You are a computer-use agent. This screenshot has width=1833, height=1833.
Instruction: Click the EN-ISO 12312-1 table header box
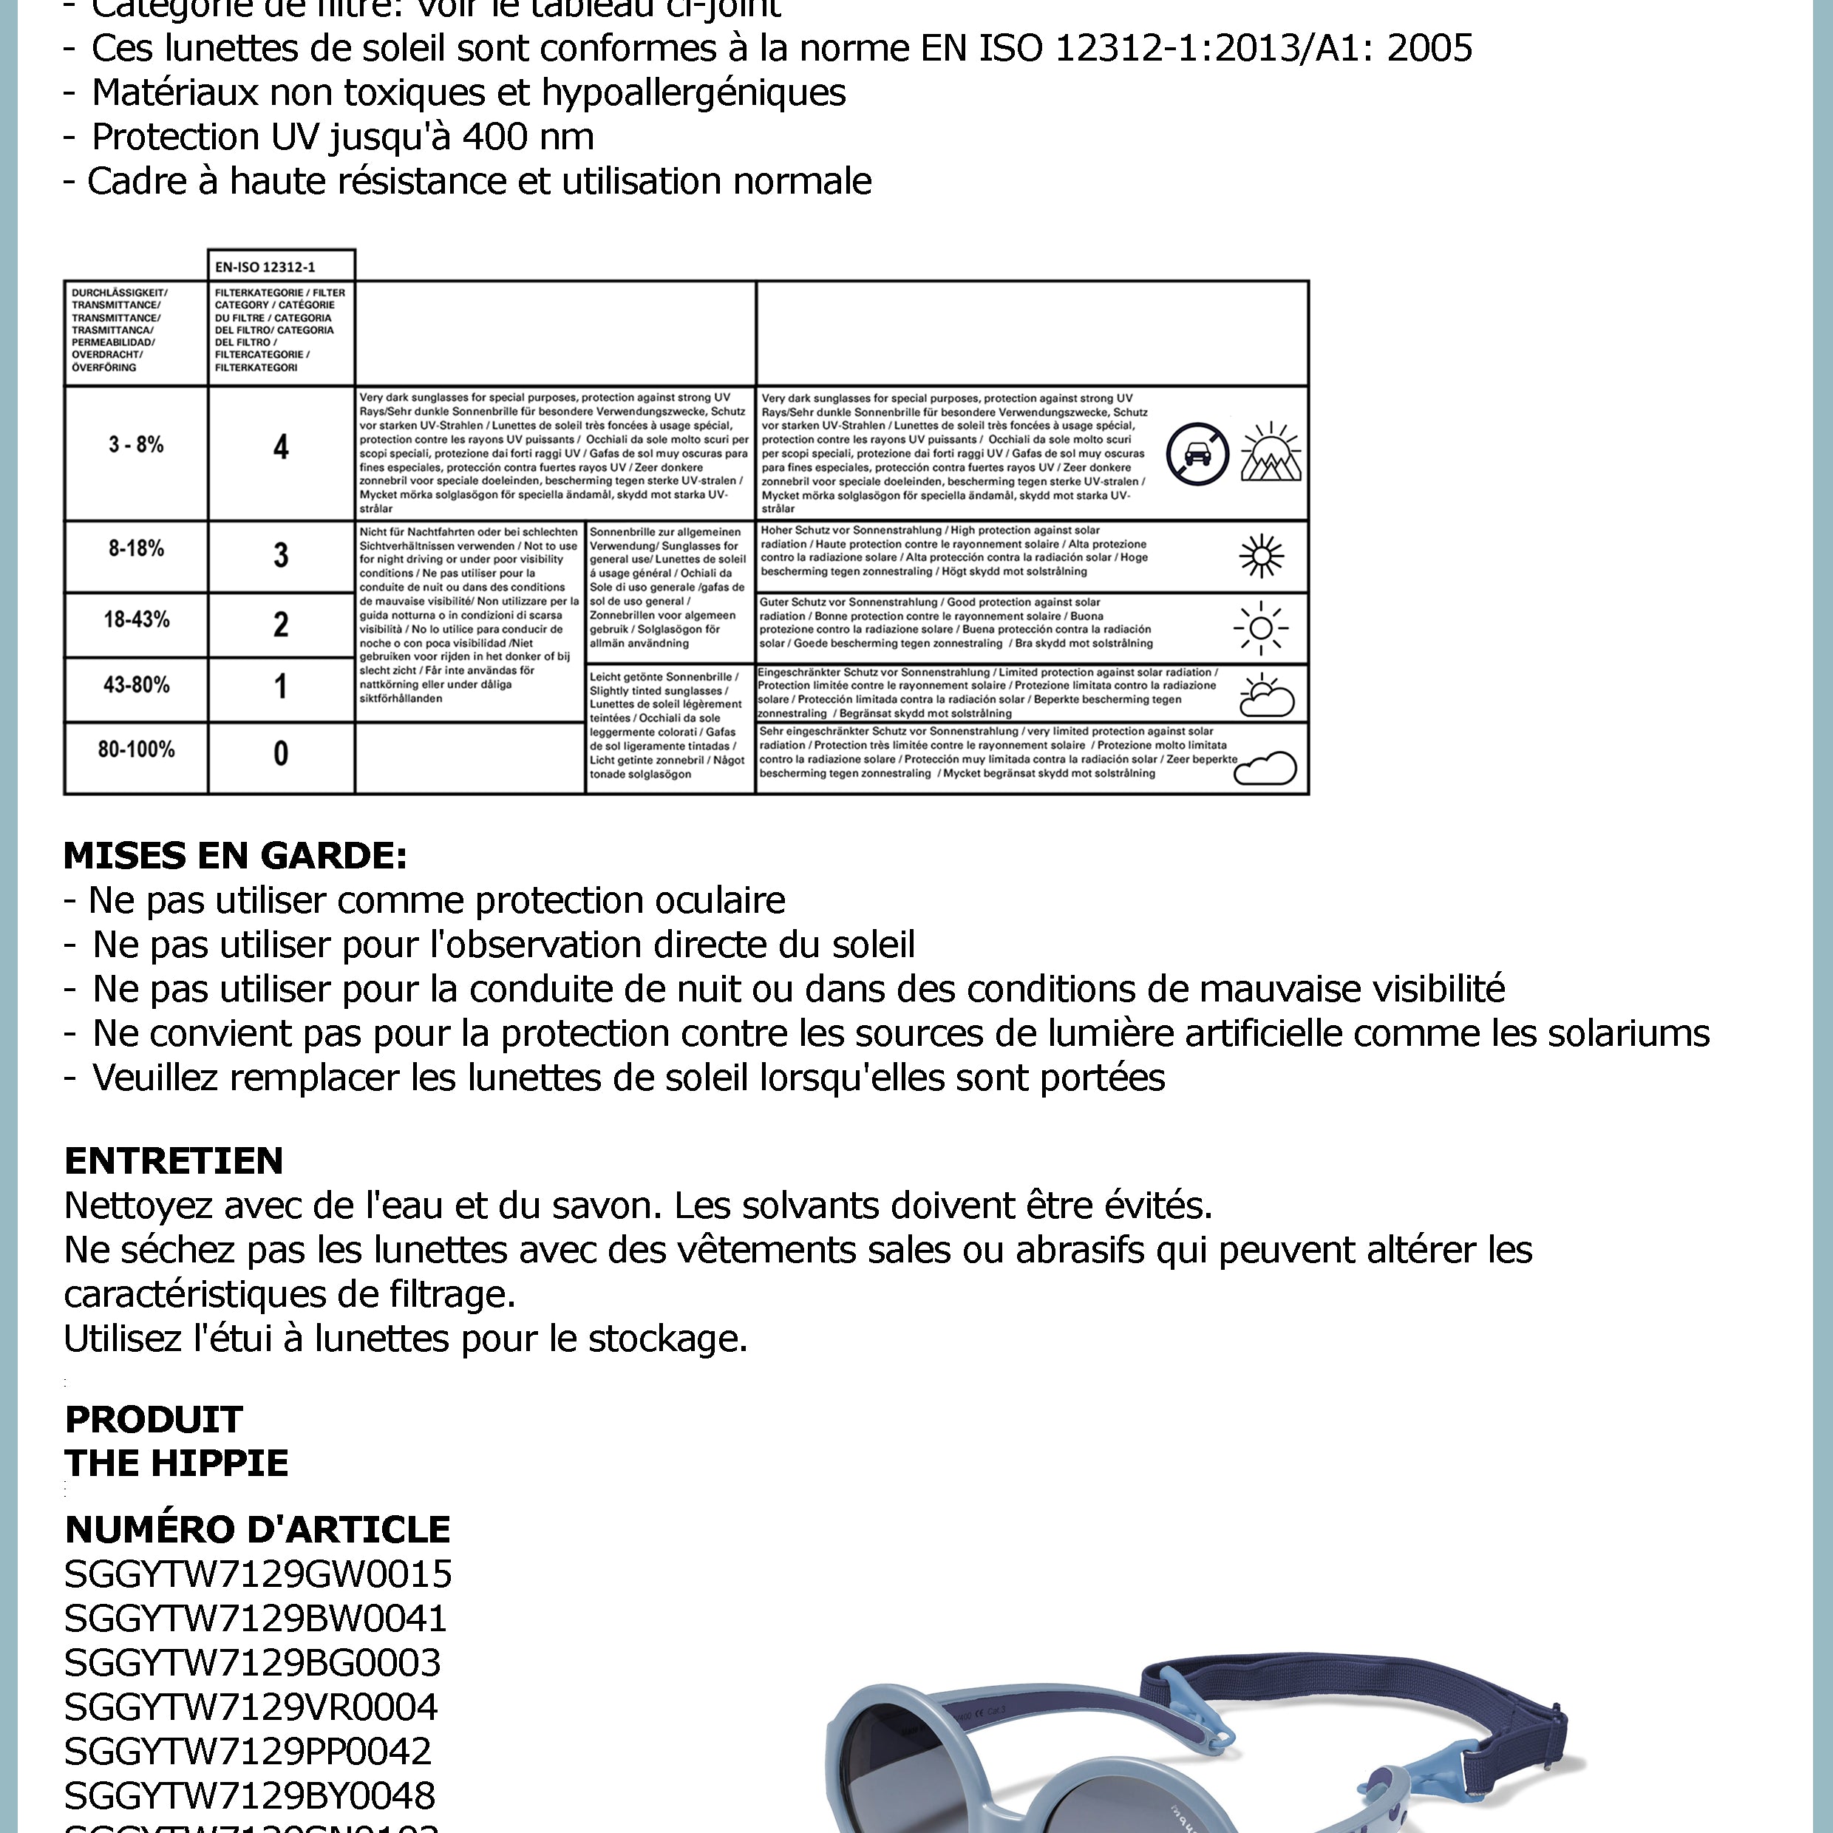click(281, 267)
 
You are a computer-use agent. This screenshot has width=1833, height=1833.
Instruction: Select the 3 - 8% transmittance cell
click(136, 444)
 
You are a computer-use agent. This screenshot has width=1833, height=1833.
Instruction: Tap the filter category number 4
click(281, 447)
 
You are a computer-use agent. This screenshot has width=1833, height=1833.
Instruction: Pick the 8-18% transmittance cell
click(136, 548)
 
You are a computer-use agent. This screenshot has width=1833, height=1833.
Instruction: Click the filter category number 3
click(281, 555)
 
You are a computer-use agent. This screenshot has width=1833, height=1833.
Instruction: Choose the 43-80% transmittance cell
click(137, 685)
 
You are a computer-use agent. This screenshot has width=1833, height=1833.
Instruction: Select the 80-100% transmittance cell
click(137, 749)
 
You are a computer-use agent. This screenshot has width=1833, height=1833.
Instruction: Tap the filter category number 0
click(281, 754)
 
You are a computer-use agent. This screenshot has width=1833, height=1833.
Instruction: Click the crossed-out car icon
click(1197, 454)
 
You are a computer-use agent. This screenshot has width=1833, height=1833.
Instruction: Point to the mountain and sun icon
click(1271, 452)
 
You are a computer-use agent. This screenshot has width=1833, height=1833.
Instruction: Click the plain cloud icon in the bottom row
click(1265, 769)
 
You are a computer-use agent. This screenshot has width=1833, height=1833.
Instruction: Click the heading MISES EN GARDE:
click(235, 856)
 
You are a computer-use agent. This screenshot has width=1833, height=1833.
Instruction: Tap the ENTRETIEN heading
click(174, 1160)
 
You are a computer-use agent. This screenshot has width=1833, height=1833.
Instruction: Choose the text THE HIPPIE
click(177, 1463)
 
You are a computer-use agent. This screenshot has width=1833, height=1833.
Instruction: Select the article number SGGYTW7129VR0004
click(251, 1707)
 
